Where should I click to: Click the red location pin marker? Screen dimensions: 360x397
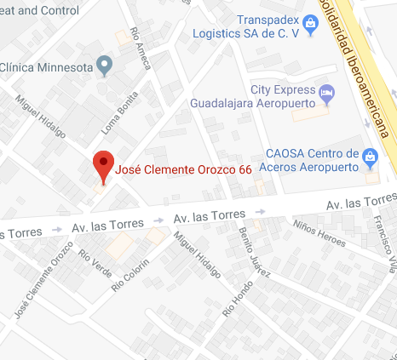point(103,167)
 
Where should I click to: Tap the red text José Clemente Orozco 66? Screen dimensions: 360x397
point(183,169)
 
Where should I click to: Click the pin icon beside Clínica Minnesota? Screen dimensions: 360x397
point(104,65)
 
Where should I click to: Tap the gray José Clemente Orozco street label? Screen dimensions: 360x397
point(43,287)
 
